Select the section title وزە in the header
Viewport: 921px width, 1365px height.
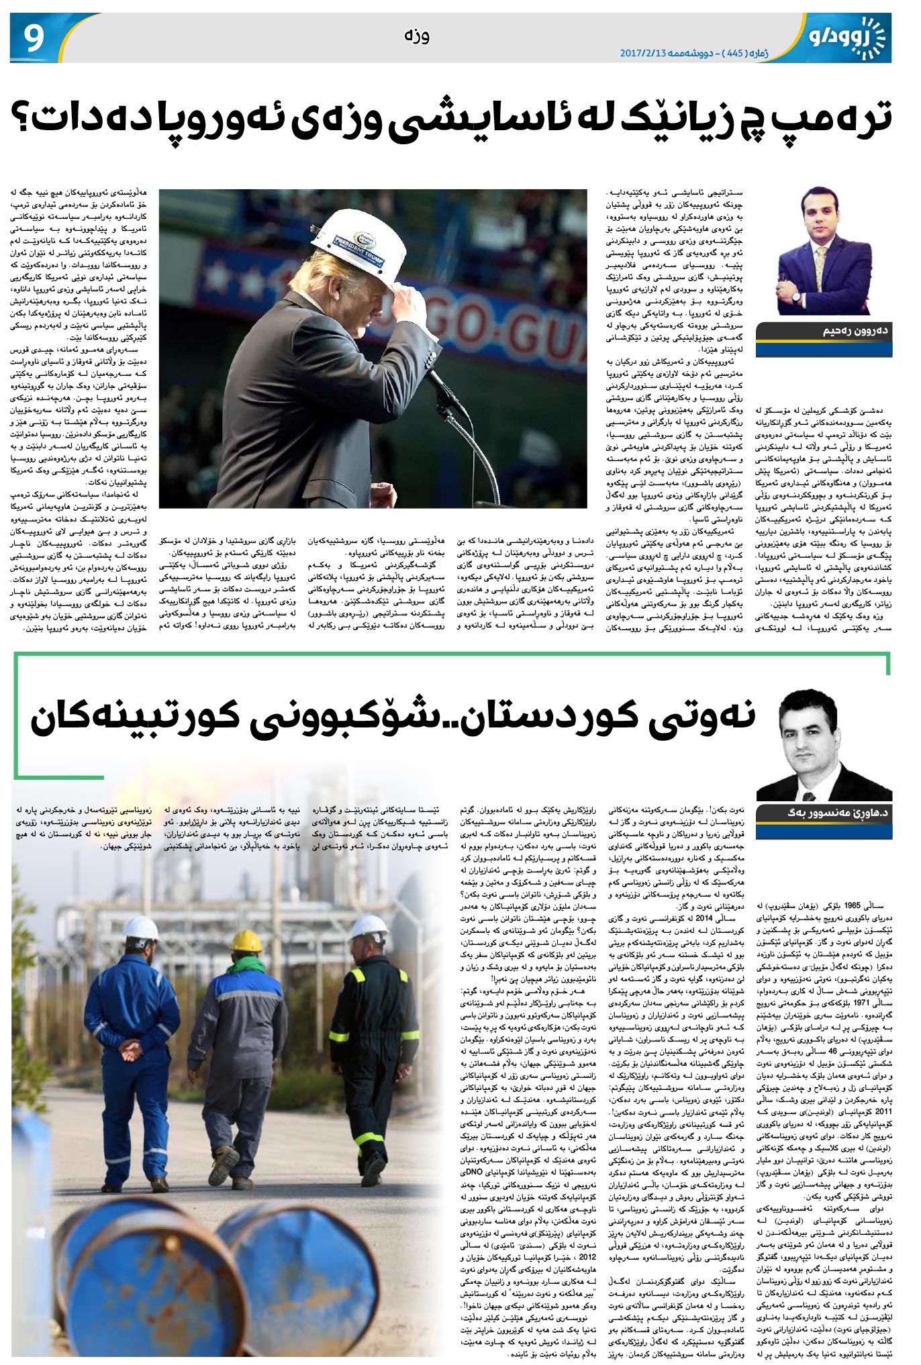tap(417, 35)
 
